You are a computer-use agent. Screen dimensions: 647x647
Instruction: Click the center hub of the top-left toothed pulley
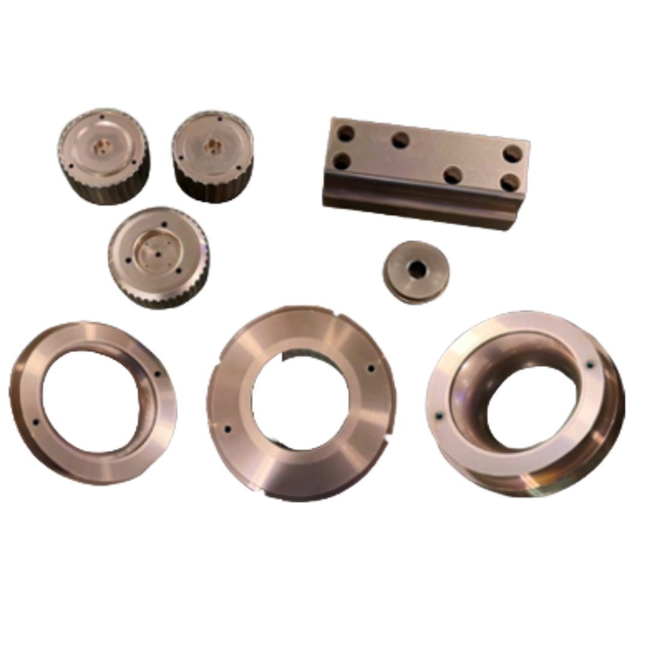click(102, 146)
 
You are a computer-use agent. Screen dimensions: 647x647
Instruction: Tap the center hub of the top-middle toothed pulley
click(211, 144)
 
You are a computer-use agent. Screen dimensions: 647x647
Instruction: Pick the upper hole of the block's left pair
click(346, 134)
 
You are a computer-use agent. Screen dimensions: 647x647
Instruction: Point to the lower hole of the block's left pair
click(341, 161)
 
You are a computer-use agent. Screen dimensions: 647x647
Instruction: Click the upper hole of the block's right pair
click(512, 154)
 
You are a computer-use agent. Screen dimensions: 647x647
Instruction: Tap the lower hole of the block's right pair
click(509, 182)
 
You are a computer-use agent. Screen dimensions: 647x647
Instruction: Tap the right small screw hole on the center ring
click(370, 368)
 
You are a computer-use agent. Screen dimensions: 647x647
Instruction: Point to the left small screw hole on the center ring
click(227, 429)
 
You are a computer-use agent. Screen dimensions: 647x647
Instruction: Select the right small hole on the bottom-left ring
click(158, 374)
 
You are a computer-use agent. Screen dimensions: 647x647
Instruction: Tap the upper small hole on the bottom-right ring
click(589, 364)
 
